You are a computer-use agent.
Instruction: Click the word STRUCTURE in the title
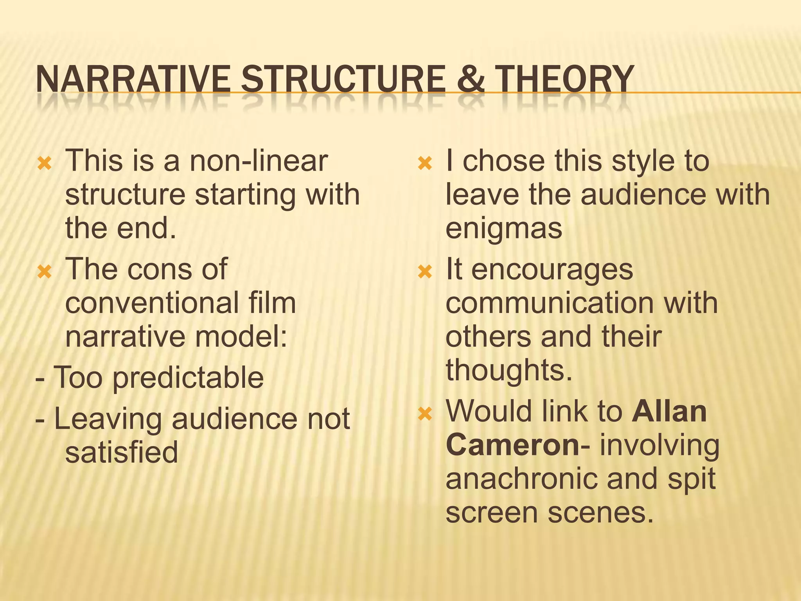pyautogui.click(x=343, y=79)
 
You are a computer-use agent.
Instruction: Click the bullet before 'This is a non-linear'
pyautogui.click(x=44, y=164)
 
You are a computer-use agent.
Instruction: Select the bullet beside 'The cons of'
pyautogui.click(x=44, y=272)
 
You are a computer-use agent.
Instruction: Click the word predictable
pyautogui.click(x=188, y=378)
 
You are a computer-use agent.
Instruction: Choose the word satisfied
pyautogui.click(x=122, y=452)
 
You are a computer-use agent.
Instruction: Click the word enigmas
pyautogui.click(x=504, y=229)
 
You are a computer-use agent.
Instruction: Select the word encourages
pyautogui.click(x=552, y=270)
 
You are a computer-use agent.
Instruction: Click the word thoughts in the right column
pyautogui.click(x=509, y=370)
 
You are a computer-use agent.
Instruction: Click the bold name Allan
pyautogui.click(x=669, y=411)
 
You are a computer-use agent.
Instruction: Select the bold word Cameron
pyautogui.click(x=512, y=445)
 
